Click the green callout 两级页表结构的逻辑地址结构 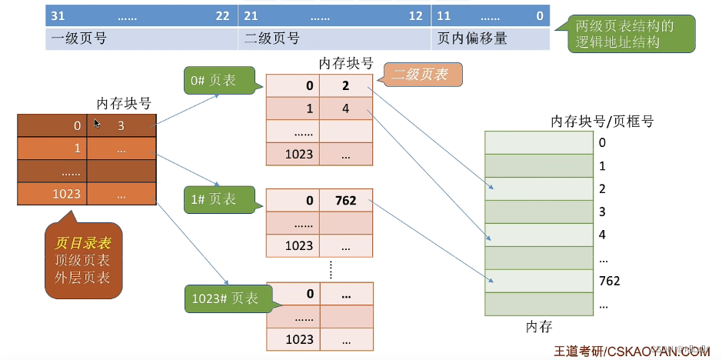[x=624, y=34]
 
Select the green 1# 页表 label [x=214, y=199]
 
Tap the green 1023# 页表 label [x=221, y=298]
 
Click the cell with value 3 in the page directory [x=121, y=125]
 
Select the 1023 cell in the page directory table [x=52, y=194]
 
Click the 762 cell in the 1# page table [x=346, y=201]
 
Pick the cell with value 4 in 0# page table [x=346, y=108]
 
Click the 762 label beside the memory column [x=609, y=281]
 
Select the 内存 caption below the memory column [x=539, y=327]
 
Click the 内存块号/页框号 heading [x=602, y=121]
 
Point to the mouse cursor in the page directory [x=98, y=123]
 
